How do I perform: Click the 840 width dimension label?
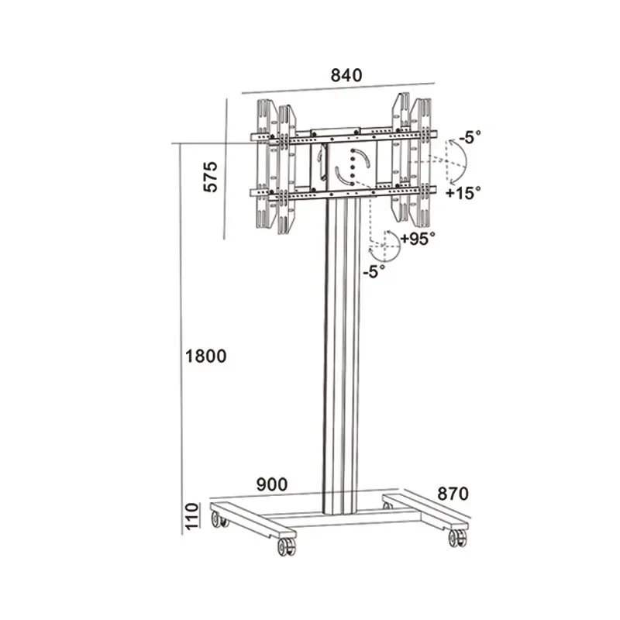point(346,75)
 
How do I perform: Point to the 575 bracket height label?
point(211,177)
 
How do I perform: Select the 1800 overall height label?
point(205,356)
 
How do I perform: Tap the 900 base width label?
point(272,484)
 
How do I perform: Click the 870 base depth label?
point(453,494)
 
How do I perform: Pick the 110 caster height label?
point(191,516)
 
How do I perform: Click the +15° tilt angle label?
point(463,193)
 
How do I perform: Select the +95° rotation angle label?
point(418,239)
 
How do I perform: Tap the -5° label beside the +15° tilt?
point(470,137)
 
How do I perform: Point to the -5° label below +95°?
point(374,272)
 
